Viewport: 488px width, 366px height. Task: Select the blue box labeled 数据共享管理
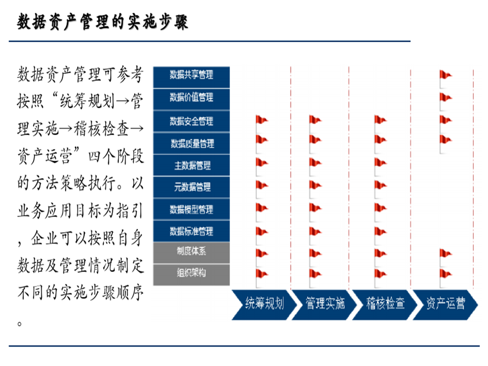(x=192, y=75)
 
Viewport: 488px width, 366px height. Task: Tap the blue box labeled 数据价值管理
(x=192, y=98)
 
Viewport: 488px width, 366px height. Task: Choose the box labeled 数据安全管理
(x=192, y=121)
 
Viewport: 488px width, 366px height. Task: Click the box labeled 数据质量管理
(x=192, y=144)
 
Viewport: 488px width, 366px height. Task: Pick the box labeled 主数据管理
(x=192, y=165)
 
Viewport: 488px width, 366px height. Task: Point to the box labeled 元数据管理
(x=192, y=187)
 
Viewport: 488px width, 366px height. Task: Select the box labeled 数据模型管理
(x=192, y=209)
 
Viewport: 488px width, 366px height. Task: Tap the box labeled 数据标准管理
(x=192, y=231)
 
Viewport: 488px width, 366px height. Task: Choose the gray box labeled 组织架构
(x=192, y=273)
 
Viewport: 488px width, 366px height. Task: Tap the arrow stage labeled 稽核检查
(x=385, y=304)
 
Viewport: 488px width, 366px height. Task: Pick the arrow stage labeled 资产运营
(x=445, y=304)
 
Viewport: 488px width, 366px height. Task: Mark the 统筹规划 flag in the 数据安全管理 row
(x=261, y=120)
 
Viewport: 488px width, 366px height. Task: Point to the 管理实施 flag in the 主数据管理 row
(x=315, y=163)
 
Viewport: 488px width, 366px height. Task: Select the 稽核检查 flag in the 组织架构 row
(x=380, y=274)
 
